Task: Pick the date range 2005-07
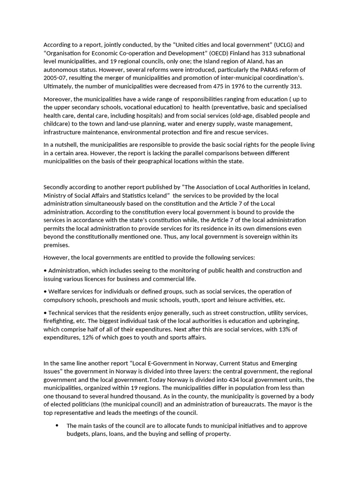coord(57,78)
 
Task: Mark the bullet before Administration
coord(45,270)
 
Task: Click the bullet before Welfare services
coord(45,292)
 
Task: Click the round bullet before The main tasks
coord(57,426)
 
